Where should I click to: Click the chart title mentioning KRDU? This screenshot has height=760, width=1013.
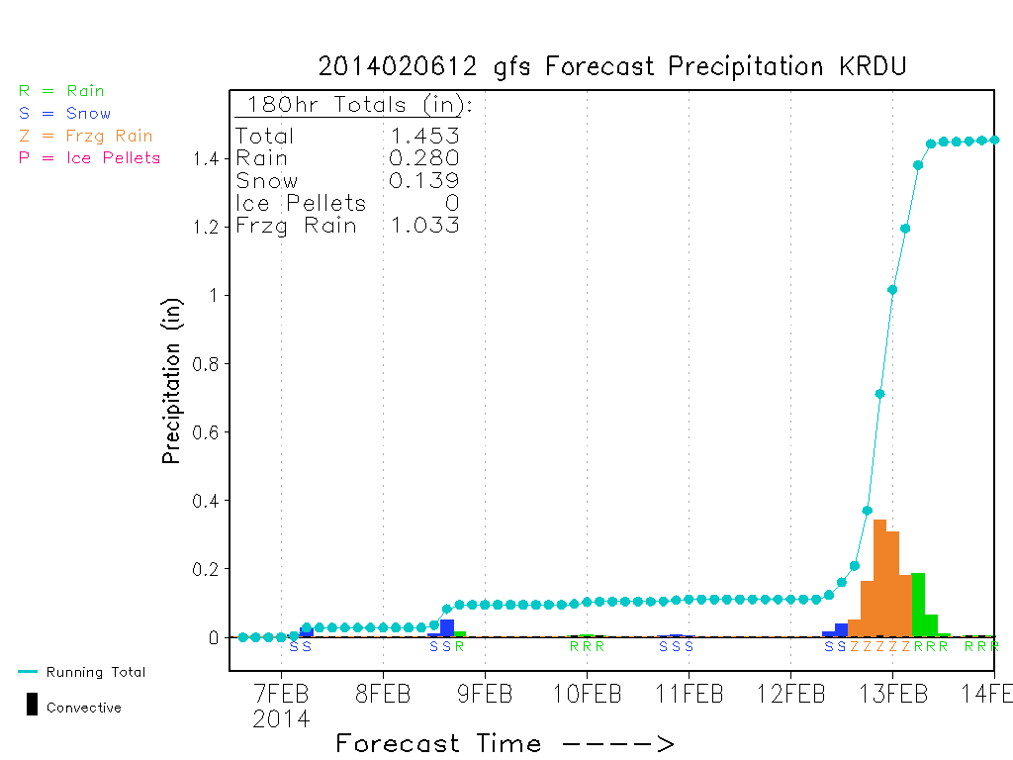pyautogui.click(x=612, y=66)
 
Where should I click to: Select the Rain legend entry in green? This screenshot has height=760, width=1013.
pyautogui.click(x=61, y=90)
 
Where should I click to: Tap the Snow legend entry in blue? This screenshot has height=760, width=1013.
pyautogui.click(x=64, y=113)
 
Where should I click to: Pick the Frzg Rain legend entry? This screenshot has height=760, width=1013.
pyautogui.click(x=86, y=137)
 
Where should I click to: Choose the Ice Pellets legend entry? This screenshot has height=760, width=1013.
pyautogui.click(x=89, y=157)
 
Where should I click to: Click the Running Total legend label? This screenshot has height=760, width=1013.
pyautogui.click(x=96, y=672)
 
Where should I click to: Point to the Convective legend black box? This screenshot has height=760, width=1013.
pyautogui.click(x=32, y=704)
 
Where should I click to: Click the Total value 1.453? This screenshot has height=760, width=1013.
pyautogui.click(x=424, y=136)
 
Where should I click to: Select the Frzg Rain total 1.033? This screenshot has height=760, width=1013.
pyautogui.click(x=424, y=225)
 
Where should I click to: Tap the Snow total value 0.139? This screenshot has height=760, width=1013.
pyautogui.click(x=423, y=180)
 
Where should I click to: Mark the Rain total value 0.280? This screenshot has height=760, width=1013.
pyautogui.click(x=423, y=157)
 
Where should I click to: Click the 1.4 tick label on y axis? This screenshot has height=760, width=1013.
pyautogui.click(x=207, y=159)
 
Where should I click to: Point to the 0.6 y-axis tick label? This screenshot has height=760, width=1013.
pyautogui.click(x=206, y=432)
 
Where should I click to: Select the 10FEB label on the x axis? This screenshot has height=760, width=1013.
pyautogui.click(x=587, y=694)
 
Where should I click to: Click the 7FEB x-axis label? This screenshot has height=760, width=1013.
pyautogui.click(x=281, y=694)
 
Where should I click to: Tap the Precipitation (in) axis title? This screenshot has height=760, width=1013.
pyautogui.click(x=171, y=381)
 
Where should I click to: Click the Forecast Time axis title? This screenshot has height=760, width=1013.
pyautogui.click(x=505, y=743)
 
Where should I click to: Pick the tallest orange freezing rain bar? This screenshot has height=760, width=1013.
pyautogui.click(x=879, y=578)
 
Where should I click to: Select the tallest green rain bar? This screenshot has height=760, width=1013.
pyautogui.click(x=918, y=605)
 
